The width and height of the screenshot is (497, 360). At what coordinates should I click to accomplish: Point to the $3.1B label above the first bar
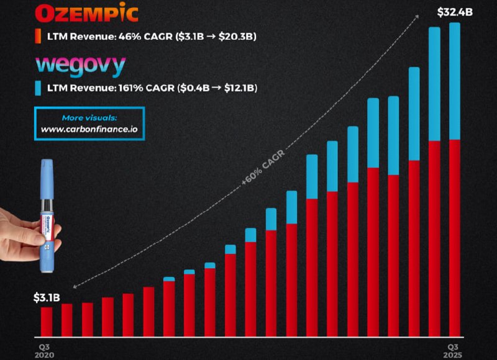point(46,297)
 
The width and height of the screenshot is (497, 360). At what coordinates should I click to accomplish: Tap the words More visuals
point(89,117)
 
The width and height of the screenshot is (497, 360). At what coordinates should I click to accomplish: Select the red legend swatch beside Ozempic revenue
point(38,36)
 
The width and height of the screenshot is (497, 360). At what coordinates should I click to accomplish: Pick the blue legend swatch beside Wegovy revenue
point(38,88)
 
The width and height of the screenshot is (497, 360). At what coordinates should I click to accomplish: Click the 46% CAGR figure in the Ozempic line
point(142,37)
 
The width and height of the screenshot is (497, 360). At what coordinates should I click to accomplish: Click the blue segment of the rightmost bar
point(454,81)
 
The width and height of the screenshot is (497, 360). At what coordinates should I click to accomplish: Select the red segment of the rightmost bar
point(454,236)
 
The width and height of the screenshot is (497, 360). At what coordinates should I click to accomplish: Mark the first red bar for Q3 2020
point(47,320)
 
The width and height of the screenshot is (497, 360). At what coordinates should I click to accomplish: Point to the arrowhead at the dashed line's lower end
point(73,287)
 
